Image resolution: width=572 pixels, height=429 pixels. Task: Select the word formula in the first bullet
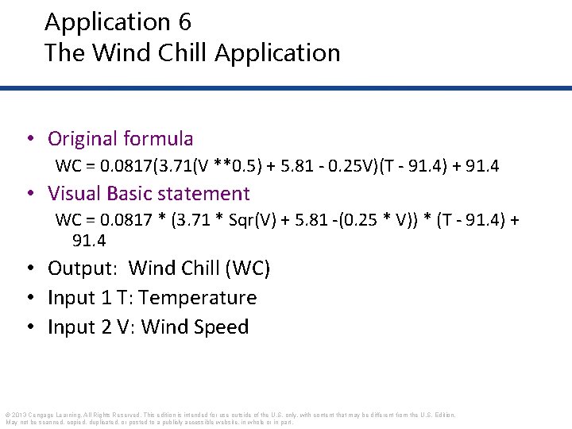[158, 139]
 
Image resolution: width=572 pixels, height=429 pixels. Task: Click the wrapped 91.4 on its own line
[89, 240]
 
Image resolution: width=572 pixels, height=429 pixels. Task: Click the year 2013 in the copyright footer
[21, 415]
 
